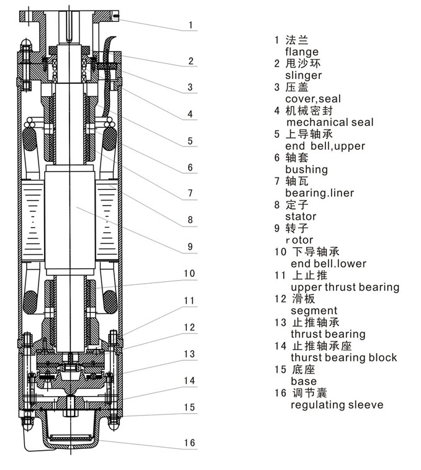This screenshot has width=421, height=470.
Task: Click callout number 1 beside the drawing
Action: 192,25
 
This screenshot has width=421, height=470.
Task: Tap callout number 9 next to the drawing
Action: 190,246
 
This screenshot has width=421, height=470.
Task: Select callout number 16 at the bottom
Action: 189,443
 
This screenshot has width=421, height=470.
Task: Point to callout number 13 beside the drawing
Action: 189,354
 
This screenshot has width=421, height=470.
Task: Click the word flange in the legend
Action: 302,52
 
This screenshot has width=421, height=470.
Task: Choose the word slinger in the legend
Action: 304,76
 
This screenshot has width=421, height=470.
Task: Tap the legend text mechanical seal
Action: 329,122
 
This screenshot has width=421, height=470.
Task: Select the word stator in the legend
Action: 301,217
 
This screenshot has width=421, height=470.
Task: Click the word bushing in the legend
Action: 306,169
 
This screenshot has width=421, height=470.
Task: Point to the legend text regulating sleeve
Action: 337,405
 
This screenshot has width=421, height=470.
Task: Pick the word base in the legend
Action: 303,381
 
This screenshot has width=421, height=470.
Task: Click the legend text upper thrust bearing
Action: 345,287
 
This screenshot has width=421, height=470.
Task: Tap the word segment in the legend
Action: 314,310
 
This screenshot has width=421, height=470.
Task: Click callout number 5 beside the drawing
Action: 190,141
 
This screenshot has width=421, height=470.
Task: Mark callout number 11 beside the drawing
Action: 189,301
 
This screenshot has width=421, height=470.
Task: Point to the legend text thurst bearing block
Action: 343,358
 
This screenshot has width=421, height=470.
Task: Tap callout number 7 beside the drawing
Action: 190,194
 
